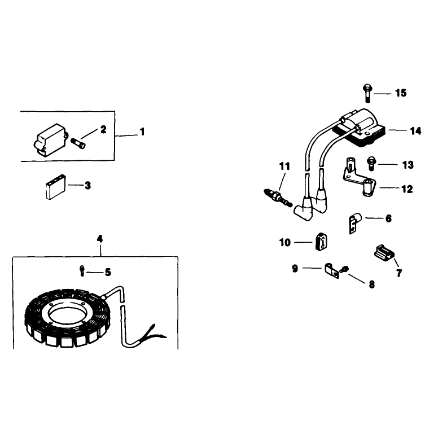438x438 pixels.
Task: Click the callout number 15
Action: pos(401,93)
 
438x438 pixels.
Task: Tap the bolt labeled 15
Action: pos(367,93)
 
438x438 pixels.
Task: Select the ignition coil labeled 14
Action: pos(360,128)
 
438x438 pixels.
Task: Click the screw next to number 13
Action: pos(371,164)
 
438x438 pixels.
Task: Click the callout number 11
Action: pos(284,166)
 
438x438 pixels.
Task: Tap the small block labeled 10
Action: pos(321,242)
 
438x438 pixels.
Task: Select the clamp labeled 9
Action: pos(331,270)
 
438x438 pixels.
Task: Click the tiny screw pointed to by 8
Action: pos(344,270)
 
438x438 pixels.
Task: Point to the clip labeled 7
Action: pos(384,253)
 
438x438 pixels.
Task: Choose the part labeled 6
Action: pos(355,223)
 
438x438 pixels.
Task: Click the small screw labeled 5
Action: pos(82,270)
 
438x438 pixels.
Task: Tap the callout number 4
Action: pos(100,239)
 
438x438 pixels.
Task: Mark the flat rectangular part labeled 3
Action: pos(56,187)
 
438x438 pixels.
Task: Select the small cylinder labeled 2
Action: pos(78,143)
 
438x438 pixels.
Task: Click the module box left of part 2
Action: pos(51,139)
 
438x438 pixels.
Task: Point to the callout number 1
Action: pos(142,132)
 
